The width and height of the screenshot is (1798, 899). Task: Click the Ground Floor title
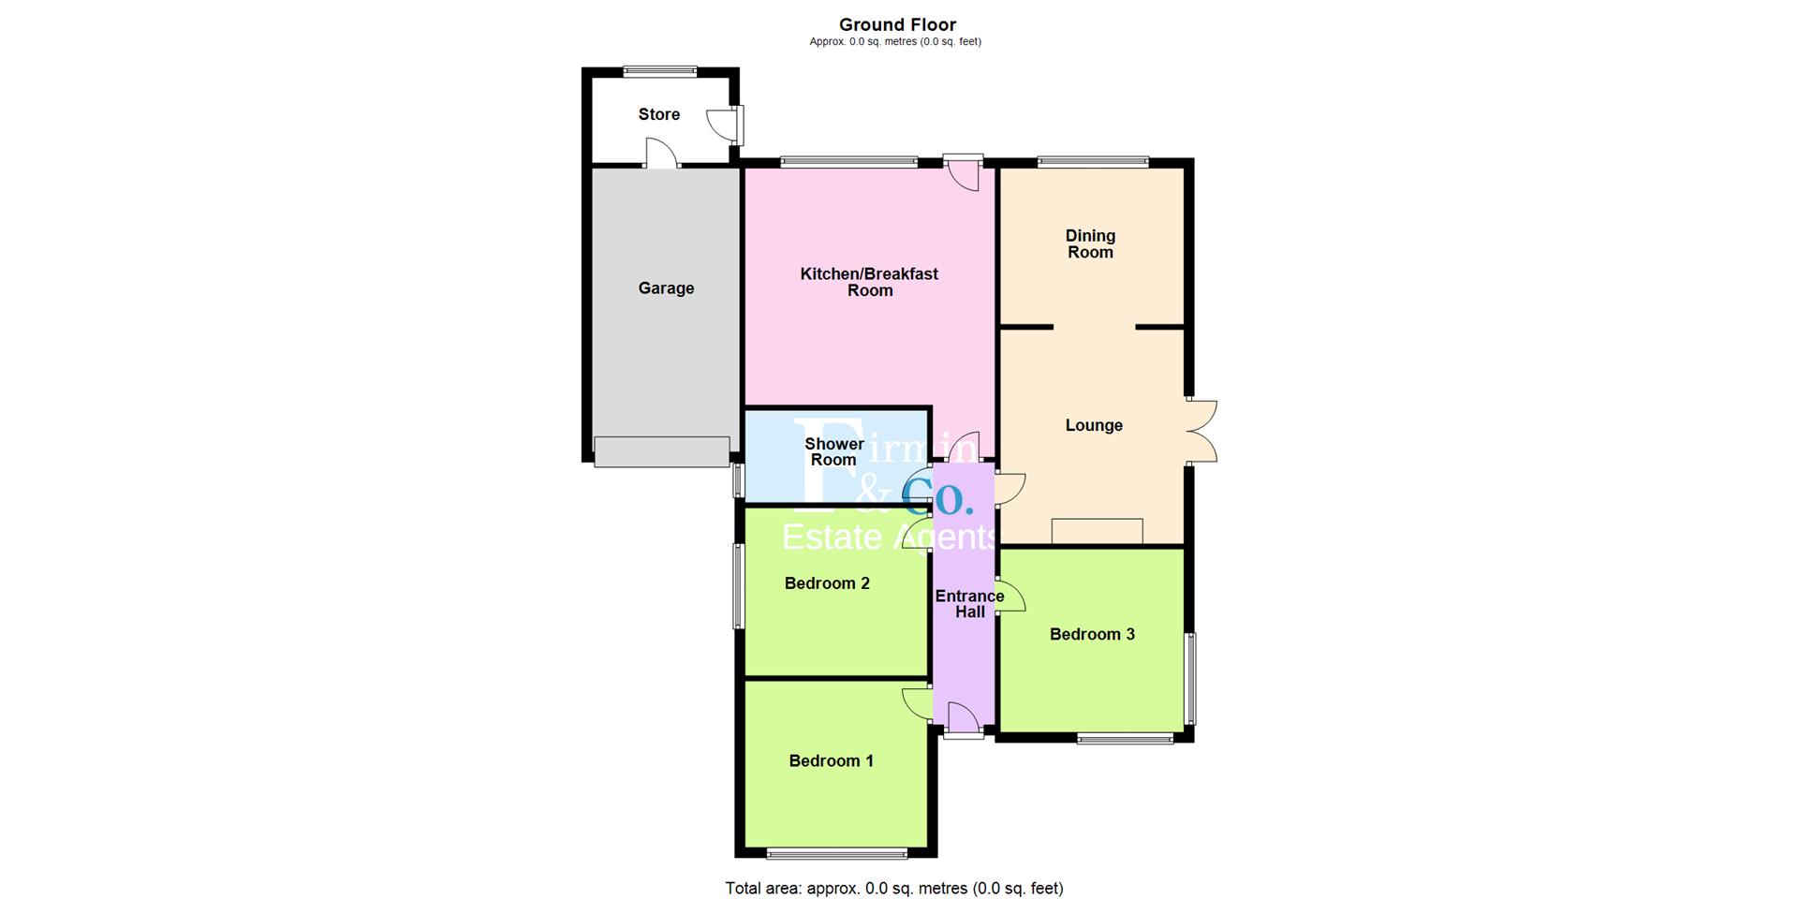point(896,25)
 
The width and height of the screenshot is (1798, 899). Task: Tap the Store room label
point(658,114)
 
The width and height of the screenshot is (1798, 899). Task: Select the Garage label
point(666,288)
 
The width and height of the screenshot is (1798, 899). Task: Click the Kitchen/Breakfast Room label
point(869,282)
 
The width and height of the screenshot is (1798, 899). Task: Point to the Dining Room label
point(1090,243)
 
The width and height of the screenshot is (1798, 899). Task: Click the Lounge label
point(1093,425)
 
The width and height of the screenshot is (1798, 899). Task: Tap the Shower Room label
point(833,451)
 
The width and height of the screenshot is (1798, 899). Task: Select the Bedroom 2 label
point(827,583)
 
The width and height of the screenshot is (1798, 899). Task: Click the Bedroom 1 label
point(831,760)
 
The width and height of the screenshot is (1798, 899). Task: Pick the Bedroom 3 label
point(1092,634)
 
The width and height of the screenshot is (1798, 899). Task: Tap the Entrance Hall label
point(969,604)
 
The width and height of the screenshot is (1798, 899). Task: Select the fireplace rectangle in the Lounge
point(1097,531)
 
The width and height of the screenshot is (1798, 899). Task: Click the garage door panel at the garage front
point(661,451)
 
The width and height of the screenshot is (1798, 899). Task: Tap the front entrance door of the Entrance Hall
point(963,720)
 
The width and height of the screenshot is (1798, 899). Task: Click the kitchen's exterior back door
point(964,172)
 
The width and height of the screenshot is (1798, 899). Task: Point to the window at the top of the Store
point(660,71)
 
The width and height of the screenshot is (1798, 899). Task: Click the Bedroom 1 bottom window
point(836,853)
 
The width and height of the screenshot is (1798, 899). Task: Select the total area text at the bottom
point(894,888)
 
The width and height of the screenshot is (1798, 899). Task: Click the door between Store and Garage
point(661,154)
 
